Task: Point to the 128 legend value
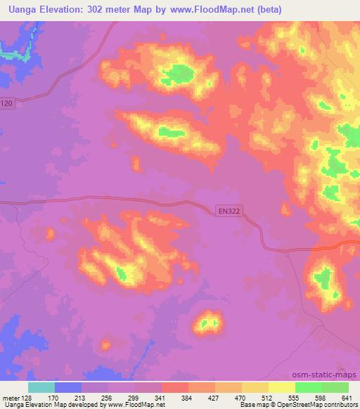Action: point(28,397)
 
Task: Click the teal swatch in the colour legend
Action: point(41,387)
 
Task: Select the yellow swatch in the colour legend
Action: point(282,387)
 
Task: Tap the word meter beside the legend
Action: point(11,397)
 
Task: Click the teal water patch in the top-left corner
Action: point(14,52)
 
